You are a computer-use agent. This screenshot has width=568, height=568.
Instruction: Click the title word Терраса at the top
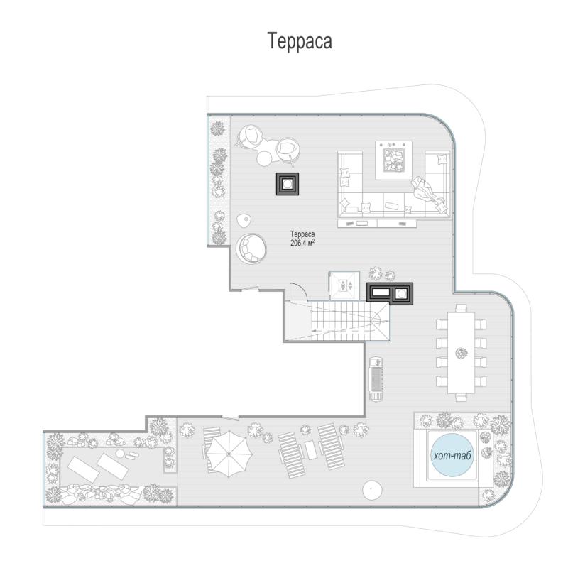click(x=300, y=41)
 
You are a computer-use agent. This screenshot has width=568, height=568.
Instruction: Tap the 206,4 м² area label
click(x=302, y=243)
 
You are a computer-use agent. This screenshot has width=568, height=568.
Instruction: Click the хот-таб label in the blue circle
click(x=452, y=455)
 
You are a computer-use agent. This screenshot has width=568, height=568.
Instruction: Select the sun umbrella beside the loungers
click(x=229, y=454)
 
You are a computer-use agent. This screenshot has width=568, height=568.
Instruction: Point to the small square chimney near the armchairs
click(x=288, y=184)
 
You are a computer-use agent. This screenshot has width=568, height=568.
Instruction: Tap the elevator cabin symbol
click(x=344, y=285)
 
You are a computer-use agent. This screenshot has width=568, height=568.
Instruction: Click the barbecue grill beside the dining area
click(x=376, y=378)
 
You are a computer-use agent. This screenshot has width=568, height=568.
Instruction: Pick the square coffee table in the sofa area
click(x=393, y=160)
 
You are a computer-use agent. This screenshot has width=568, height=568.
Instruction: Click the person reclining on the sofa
click(x=427, y=192)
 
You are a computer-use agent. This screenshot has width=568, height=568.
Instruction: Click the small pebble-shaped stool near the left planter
click(x=244, y=220)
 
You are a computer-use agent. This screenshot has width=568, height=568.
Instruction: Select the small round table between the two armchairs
click(x=265, y=158)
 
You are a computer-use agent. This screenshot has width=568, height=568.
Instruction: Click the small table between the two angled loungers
click(x=311, y=451)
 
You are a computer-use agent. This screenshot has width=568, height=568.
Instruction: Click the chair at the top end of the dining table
click(x=460, y=308)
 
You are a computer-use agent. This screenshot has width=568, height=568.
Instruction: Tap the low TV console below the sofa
click(x=377, y=223)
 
